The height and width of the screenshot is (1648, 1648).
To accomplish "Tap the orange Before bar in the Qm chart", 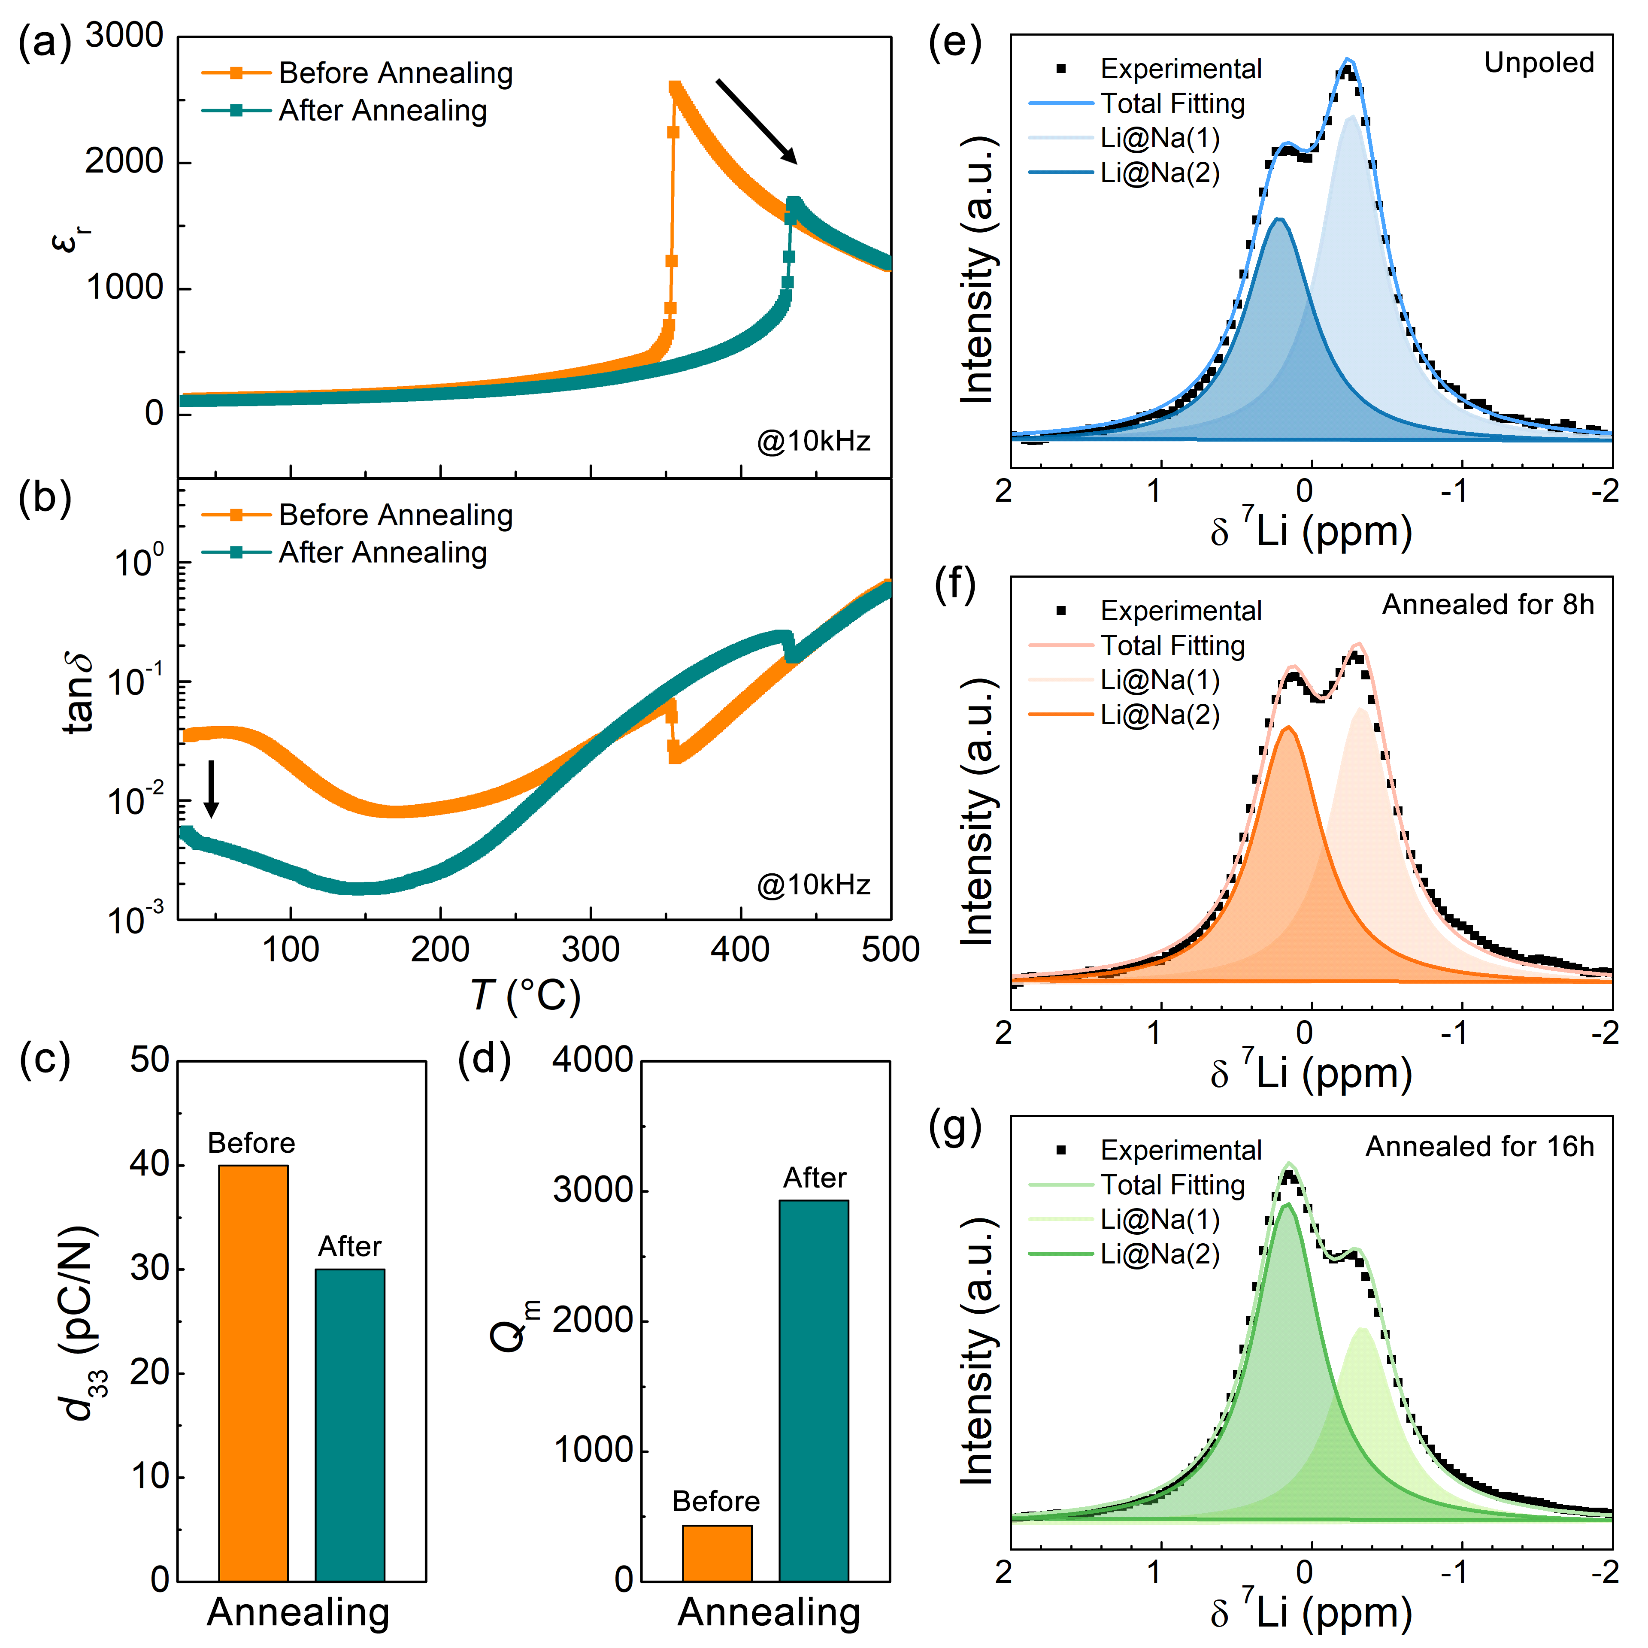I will pyautogui.click(x=717, y=1552).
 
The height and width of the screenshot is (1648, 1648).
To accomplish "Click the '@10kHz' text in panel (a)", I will pyautogui.click(x=813, y=441).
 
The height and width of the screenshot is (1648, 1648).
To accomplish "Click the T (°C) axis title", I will pyautogui.click(x=524, y=996).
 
